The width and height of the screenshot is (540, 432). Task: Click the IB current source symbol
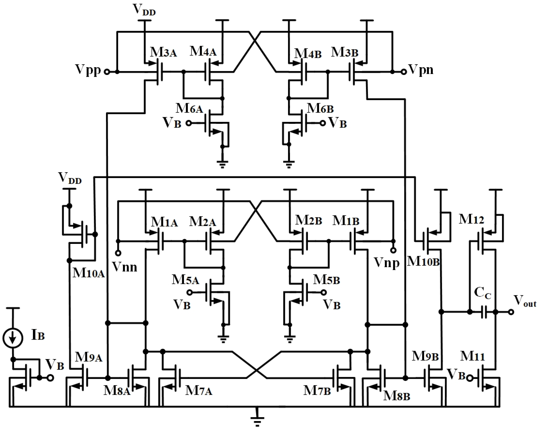click(13, 338)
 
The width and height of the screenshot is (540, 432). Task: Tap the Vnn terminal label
click(124, 267)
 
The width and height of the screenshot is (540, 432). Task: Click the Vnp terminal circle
click(394, 250)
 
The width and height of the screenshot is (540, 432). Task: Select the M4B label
click(308, 54)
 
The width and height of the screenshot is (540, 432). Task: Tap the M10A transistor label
click(88, 273)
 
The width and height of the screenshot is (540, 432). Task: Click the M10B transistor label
click(423, 261)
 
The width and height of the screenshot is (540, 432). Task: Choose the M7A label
click(199, 391)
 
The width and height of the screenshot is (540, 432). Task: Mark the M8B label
click(397, 396)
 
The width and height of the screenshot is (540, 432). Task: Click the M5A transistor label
click(185, 280)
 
